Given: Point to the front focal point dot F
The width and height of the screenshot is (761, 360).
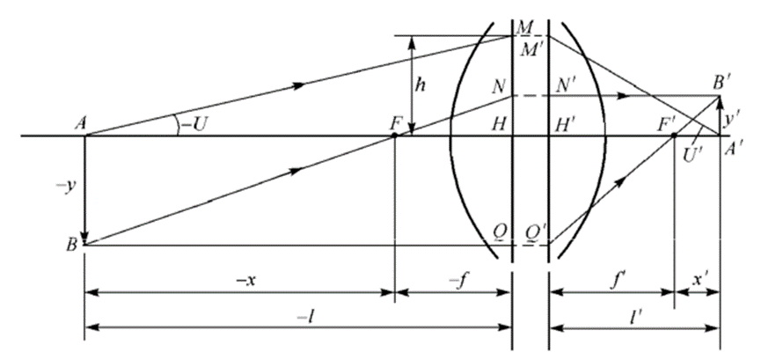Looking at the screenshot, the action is coord(394,135).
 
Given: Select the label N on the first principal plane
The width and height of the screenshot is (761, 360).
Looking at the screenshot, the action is coord(498,87).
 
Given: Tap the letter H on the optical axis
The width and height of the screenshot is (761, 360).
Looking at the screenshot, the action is coord(498,123).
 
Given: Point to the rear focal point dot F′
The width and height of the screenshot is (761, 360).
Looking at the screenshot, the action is coord(674,135).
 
